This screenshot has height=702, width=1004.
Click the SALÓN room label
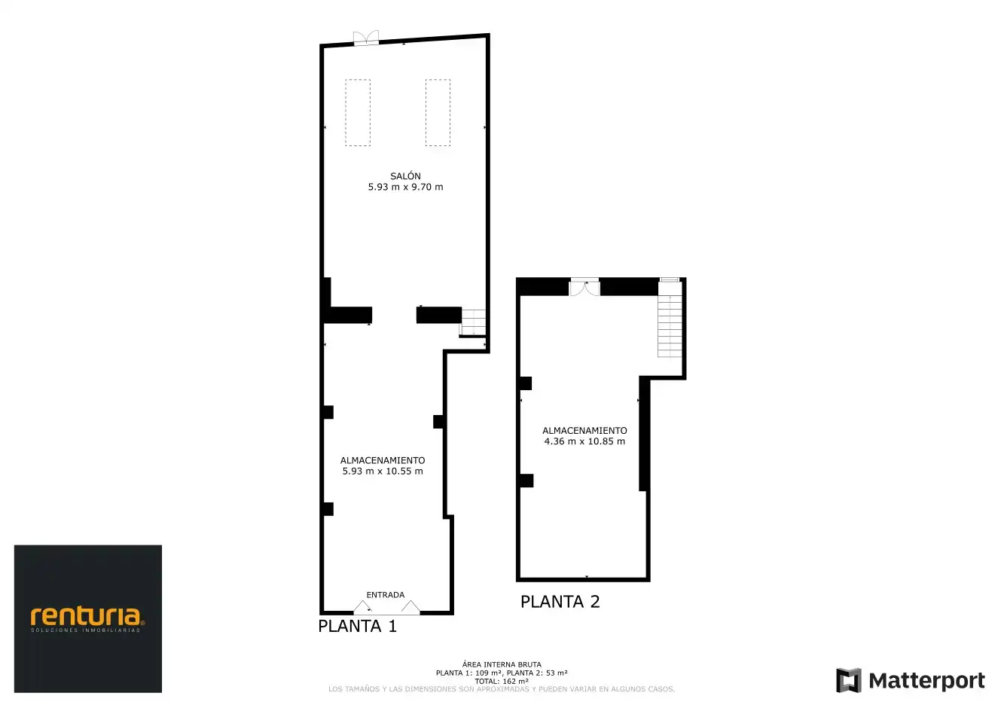coord(405,176)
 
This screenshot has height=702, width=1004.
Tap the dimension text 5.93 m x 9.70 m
coord(405,187)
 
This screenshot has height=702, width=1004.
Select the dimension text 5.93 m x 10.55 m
coord(383,471)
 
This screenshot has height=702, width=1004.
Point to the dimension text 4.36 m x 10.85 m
coord(584,441)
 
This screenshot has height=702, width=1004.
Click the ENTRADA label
coord(386,595)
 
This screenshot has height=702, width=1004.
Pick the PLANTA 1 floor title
coord(357,626)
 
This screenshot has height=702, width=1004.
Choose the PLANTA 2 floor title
coord(560,602)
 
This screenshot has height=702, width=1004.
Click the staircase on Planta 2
coord(670,319)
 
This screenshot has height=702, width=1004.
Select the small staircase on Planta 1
coord(473,322)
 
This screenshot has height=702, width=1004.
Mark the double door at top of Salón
coord(366,38)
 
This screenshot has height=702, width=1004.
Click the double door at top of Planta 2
coord(584,288)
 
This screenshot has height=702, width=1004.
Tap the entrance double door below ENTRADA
coord(386,607)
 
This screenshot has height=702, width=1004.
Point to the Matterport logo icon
coord(848,680)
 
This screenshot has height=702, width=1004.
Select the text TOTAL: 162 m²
coord(502,682)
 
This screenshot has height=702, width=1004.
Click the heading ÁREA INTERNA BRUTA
coord(502,664)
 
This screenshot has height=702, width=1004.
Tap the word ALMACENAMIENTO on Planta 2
coord(584,430)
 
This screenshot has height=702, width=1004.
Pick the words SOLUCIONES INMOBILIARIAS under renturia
coord(86,630)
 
